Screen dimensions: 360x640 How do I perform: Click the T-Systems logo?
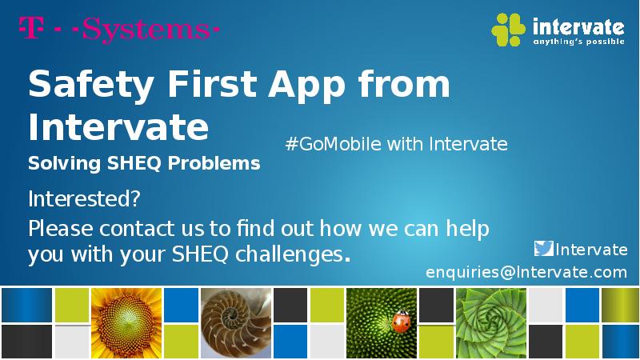pyautogui.click(x=118, y=30)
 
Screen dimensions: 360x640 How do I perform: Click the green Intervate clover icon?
pyautogui.click(x=508, y=30)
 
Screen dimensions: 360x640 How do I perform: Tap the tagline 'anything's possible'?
pyautogui.click(x=578, y=42)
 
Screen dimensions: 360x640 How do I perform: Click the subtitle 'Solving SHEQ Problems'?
pyautogui.click(x=144, y=163)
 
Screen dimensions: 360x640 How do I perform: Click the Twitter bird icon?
pyautogui.click(x=543, y=249)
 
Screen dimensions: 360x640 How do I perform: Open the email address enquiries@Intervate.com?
pyautogui.click(x=526, y=273)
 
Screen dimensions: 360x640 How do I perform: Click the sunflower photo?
pyautogui.click(x=126, y=322)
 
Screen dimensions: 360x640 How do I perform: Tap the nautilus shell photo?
pyautogui.click(x=236, y=322)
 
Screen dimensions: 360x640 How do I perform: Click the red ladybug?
pyautogui.click(x=401, y=322)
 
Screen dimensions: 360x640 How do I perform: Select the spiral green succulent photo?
pyautogui.click(x=490, y=322)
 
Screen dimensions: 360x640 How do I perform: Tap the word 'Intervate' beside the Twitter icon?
pyautogui.click(x=591, y=250)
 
